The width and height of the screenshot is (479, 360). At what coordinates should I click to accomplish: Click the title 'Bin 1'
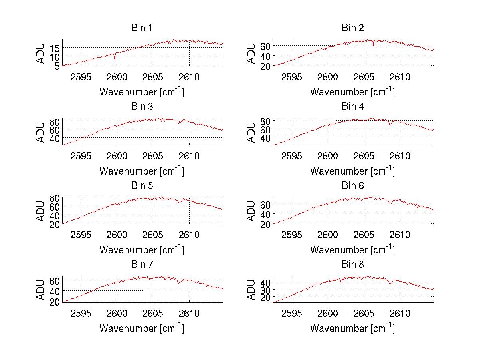[x=142, y=28]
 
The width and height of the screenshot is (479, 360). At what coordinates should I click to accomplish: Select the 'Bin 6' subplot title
[x=353, y=186]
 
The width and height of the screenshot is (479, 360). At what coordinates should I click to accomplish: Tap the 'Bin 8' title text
[x=353, y=265]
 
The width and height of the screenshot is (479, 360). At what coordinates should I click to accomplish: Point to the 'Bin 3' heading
[x=142, y=107]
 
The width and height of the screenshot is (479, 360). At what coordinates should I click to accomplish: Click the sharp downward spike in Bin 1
[x=115, y=58]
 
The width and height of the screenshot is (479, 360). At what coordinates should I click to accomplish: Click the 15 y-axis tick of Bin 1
[x=55, y=48]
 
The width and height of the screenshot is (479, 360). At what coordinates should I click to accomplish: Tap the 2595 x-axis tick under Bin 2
[x=292, y=77]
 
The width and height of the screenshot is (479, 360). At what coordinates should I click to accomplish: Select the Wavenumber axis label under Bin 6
[x=352, y=250]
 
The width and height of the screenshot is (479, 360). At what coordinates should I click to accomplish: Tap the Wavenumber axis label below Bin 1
[x=142, y=92]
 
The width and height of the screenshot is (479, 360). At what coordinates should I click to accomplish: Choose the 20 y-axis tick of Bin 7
[x=55, y=301]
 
